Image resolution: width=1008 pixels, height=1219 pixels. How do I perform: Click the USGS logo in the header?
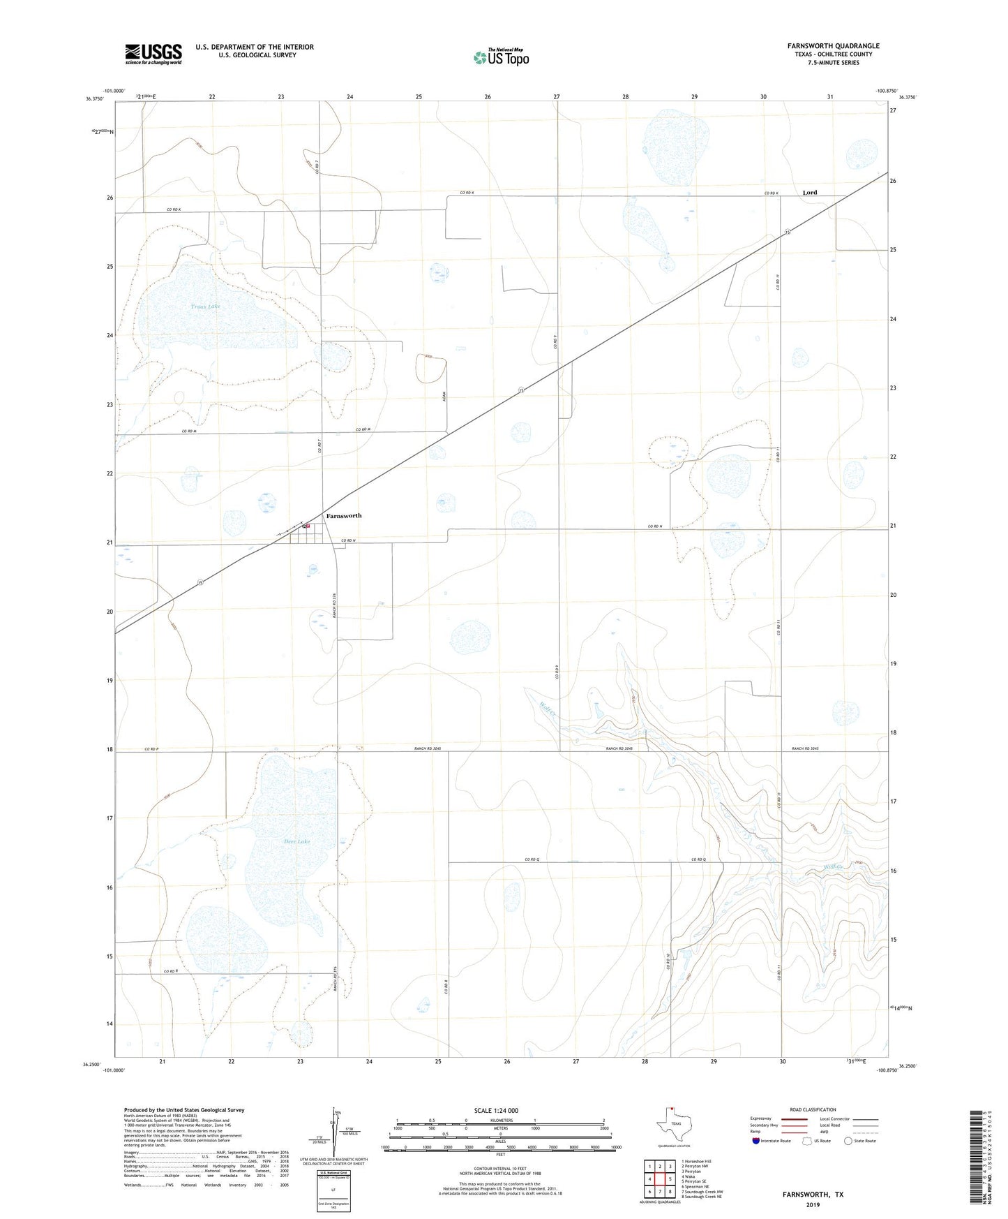[x=153, y=54]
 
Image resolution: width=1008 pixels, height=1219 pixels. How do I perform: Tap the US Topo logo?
[x=501, y=57]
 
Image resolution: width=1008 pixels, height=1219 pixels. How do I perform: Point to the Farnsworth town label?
[x=344, y=515]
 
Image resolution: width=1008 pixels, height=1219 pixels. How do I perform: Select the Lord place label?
[x=809, y=192]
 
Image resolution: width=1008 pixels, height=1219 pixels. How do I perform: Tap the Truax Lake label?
[x=205, y=306]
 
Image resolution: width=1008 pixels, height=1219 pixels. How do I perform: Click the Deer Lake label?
[x=296, y=842]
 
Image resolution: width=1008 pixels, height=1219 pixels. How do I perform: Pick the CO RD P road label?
[x=152, y=749]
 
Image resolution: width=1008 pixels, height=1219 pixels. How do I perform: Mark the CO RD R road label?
[x=171, y=971]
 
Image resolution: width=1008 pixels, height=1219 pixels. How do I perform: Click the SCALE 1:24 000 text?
[x=496, y=1111]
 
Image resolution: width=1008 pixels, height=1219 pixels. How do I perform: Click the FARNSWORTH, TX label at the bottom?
[x=813, y=1195]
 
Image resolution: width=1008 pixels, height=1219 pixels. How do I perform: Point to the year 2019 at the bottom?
[x=813, y=1205]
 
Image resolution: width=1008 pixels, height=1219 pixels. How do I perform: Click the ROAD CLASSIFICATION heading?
[x=813, y=1110]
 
